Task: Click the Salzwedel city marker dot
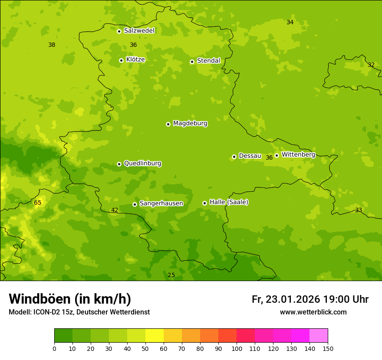pos(119,31)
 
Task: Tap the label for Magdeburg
pos(190,124)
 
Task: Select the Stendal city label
pos(209,61)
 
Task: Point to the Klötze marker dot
pos(121,60)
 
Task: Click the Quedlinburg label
pos(142,164)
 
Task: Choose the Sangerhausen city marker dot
pos(135,204)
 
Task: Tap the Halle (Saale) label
pos(229,202)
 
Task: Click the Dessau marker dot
pos(234,157)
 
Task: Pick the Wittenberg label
pos(298,154)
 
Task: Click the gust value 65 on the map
pos(38,203)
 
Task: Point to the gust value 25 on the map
pos(171,275)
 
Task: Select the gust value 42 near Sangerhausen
pos(115,210)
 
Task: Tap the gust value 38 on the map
pos(52,45)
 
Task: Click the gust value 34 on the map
pos(290,22)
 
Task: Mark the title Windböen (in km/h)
pos(70,299)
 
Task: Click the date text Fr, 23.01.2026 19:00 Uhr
pos(310,299)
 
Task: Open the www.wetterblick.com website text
pos(313,312)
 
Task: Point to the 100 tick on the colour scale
pos(237,348)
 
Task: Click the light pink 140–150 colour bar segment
pos(319,336)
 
